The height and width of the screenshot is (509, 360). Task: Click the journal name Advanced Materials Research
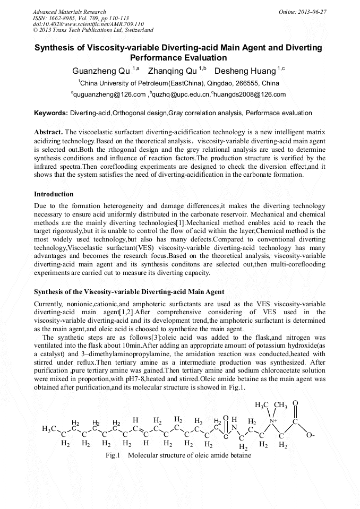[x=69, y=12]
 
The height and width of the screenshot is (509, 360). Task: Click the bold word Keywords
[x=50, y=113]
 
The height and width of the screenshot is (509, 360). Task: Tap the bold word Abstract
[x=48, y=131]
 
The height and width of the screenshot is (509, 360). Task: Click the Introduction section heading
[x=54, y=194]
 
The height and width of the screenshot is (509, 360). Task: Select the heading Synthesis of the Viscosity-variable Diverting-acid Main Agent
[x=129, y=292]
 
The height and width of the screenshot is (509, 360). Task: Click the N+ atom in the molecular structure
[x=273, y=421]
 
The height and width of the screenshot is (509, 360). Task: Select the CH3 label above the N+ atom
[x=281, y=406]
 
